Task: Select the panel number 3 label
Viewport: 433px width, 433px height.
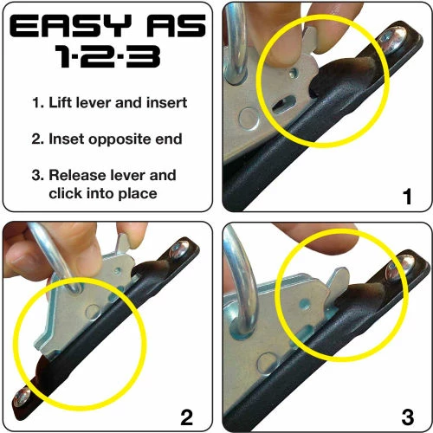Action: [407, 418]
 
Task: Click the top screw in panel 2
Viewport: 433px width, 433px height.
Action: [181, 250]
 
